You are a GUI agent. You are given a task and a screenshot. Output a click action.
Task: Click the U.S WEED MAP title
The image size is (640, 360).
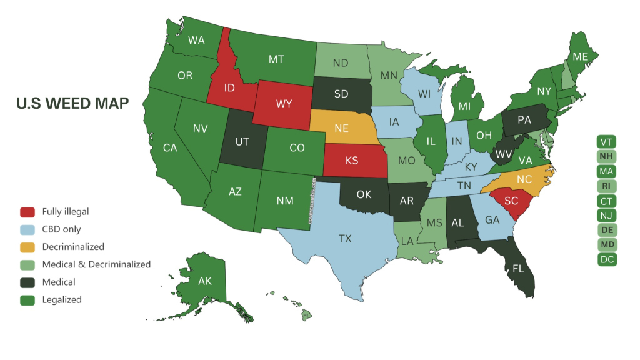(x=72, y=103)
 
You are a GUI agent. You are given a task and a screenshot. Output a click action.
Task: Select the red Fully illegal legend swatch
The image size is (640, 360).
(x=27, y=212)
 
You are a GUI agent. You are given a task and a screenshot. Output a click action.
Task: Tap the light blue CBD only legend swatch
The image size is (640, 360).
(x=27, y=229)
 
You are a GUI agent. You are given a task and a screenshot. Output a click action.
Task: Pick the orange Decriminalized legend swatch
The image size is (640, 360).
(x=27, y=247)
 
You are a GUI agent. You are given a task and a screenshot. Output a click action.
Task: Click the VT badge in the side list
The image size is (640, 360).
(x=606, y=141)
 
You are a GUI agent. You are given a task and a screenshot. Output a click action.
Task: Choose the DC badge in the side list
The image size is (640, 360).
(x=606, y=259)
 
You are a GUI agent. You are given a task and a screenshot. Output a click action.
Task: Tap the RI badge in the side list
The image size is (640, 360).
(x=606, y=186)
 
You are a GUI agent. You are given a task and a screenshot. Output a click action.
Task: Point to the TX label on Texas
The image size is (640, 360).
(x=345, y=238)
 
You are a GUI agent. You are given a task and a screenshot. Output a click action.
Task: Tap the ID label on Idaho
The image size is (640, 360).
(x=229, y=87)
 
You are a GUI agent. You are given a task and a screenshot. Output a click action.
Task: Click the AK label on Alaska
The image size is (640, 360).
(x=205, y=281)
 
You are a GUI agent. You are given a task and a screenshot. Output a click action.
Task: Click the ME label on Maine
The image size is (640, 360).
(x=581, y=57)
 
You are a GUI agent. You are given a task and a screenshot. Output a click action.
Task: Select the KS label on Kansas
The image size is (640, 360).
(x=352, y=161)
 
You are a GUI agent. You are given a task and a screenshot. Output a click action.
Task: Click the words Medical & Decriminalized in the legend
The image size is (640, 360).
(x=96, y=264)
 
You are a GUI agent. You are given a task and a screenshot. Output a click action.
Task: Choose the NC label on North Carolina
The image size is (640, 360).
(x=524, y=178)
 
